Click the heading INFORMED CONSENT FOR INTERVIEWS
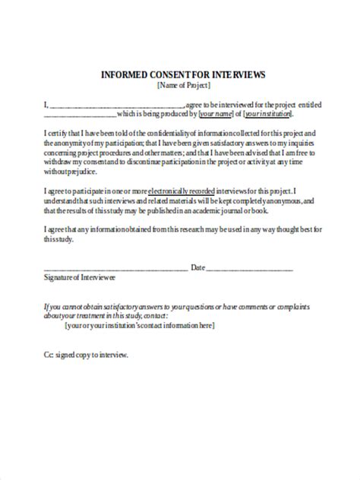click(x=183, y=74)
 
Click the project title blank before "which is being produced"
click(x=81, y=115)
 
